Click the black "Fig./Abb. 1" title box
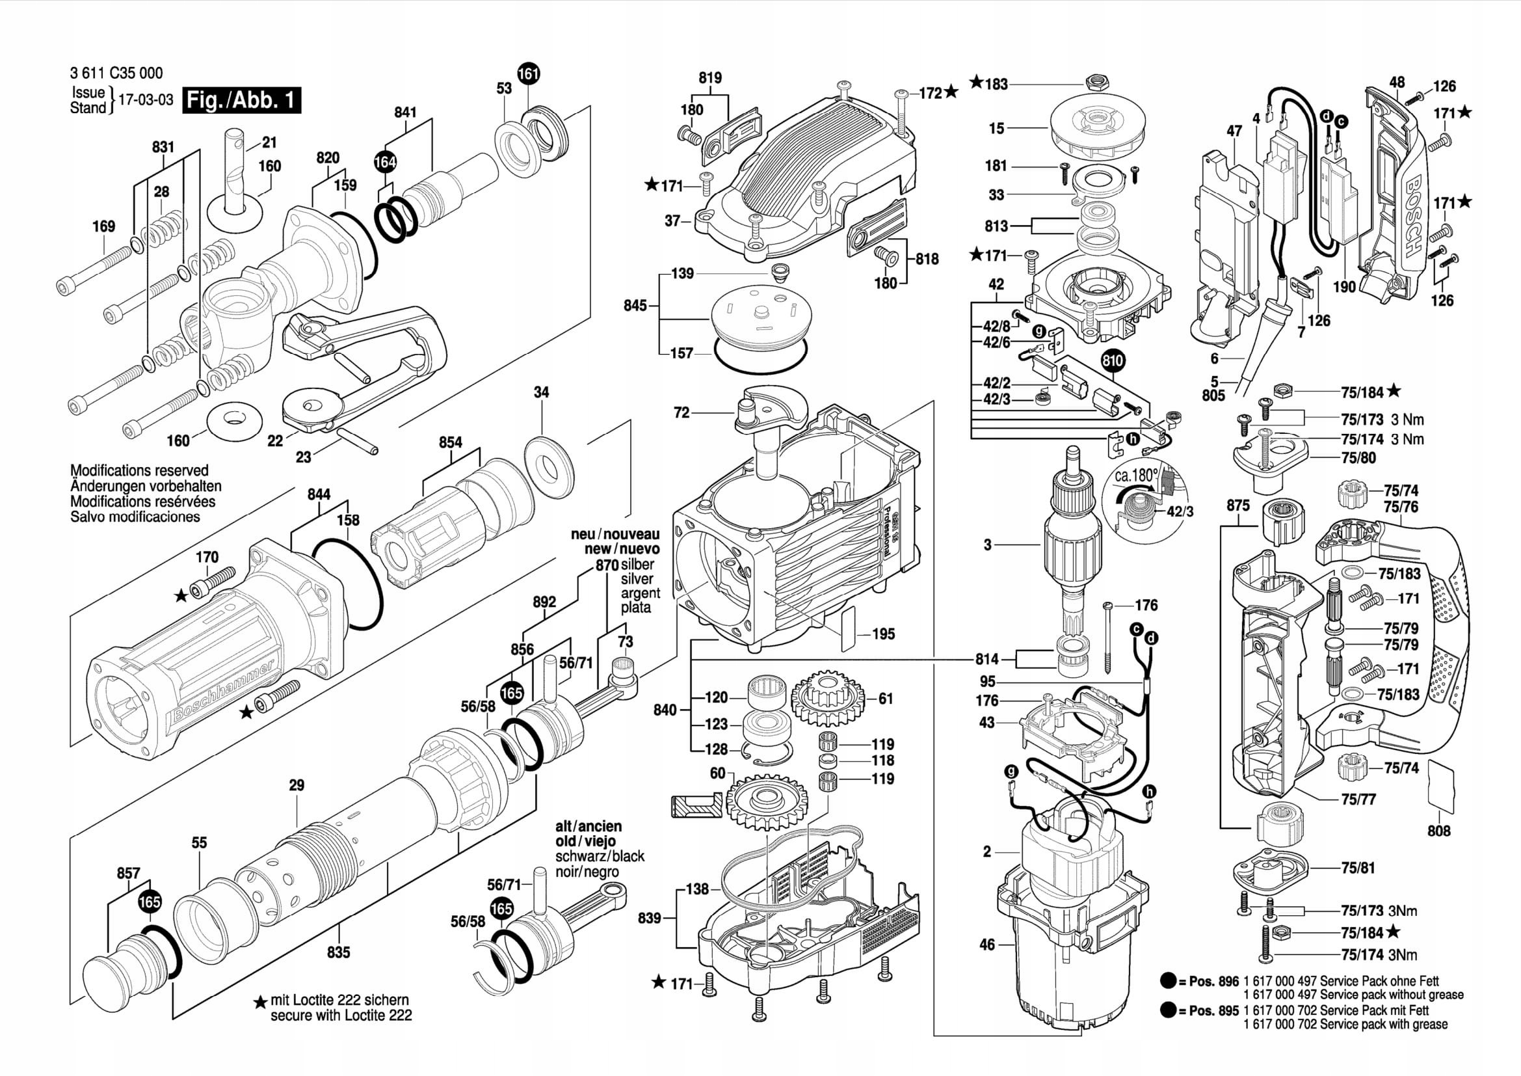(x=241, y=101)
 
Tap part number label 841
(x=405, y=112)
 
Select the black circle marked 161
(x=529, y=74)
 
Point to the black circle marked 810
(x=1113, y=360)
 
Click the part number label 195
(x=883, y=634)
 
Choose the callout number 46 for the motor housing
(x=987, y=944)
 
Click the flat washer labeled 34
(x=549, y=466)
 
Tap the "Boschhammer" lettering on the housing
(x=223, y=691)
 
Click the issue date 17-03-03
(x=146, y=100)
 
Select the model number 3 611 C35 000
(x=116, y=73)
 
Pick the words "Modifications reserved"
(x=139, y=470)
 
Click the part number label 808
(x=1439, y=830)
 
